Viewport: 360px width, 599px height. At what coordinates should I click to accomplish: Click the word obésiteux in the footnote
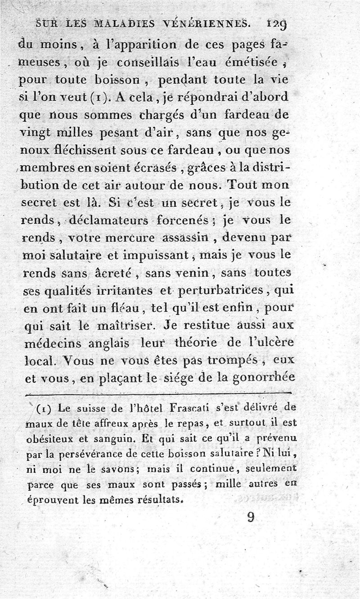click(x=47, y=439)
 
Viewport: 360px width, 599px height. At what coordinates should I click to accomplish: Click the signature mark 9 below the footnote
click(x=251, y=519)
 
